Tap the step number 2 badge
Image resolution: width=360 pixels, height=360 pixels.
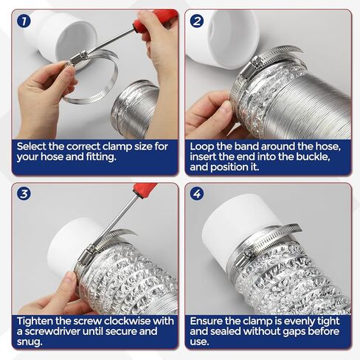pyautogui.click(x=197, y=21)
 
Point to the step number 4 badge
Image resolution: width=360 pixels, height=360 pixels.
pyautogui.click(x=197, y=195)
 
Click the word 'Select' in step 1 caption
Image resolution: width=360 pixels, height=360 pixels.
pyautogui.click(x=34, y=147)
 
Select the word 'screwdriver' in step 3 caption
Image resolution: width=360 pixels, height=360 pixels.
pyautogui.click(x=59, y=331)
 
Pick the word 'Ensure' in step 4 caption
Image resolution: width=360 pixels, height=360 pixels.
pyautogui.click(x=210, y=321)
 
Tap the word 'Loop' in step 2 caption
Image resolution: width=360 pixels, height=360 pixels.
pyautogui.click(x=203, y=147)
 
